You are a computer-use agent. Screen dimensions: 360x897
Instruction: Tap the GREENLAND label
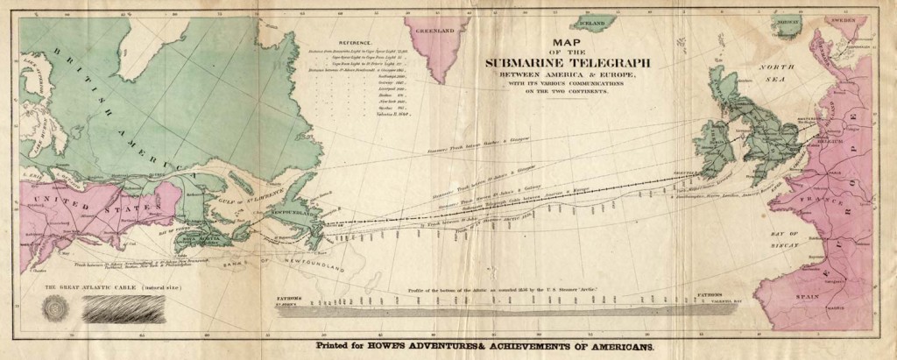[x=445, y=31]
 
